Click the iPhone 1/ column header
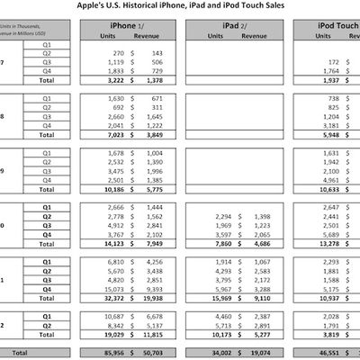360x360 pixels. coord(128,25)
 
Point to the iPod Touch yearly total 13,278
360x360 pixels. coord(320,243)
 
